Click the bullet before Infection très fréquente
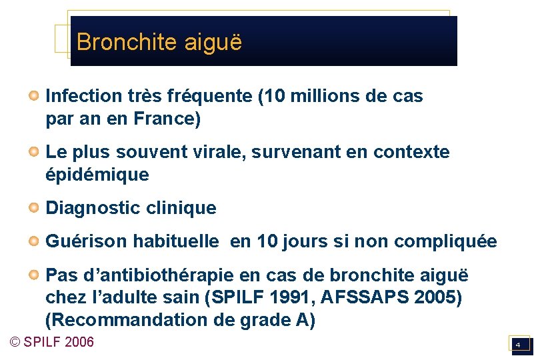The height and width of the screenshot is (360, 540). pos(33,96)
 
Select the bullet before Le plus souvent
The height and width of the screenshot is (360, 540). pos(33,152)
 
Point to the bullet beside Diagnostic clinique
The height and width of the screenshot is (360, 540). pos(33,208)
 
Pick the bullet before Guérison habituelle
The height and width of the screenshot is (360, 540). pos(33,241)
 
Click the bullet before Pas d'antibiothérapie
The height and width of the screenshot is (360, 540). pos(33,275)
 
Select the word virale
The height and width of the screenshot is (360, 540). pos(221,153)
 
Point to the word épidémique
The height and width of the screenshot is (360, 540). pos(97,176)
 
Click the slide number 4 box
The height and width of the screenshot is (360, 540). pos(518,344)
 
